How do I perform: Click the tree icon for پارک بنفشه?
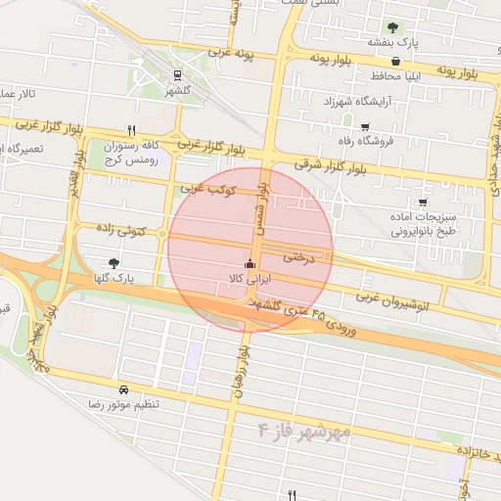pyautogui.click(x=392, y=27)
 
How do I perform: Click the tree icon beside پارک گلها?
pyautogui.click(x=114, y=262)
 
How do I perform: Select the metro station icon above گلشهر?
pyautogui.click(x=177, y=74)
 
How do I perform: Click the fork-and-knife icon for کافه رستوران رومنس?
pyautogui.click(x=131, y=129)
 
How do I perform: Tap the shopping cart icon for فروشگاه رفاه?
pyautogui.click(x=366, y=126)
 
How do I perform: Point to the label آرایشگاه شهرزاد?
pyautogui.click(x=336, y=102)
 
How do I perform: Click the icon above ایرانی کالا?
pyautogui.click(x=250, y=263)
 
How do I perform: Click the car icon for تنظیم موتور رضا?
pyautogui.click(x=122, y=388)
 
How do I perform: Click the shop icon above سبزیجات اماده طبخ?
pyautogui.click(x=423, y=203)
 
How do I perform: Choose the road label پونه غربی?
pyautogui.click(x=232, y=53)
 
